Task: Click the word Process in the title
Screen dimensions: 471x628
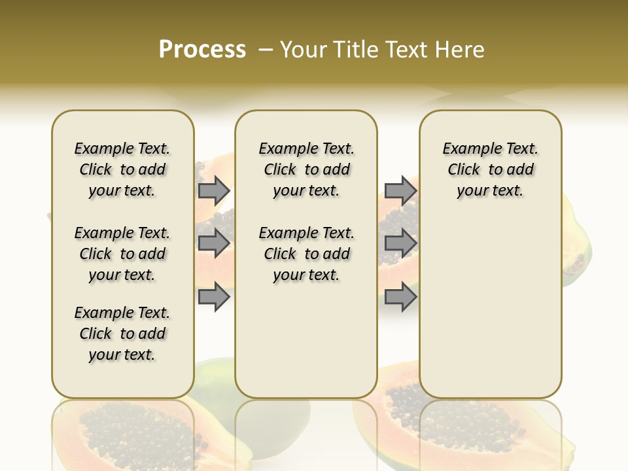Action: click(x=202, y=49)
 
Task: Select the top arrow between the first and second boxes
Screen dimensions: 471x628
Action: click(x=214, y=190)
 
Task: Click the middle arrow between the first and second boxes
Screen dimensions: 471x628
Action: click(x=214, y=243)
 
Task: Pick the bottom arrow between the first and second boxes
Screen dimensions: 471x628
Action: click(x=214, y=297)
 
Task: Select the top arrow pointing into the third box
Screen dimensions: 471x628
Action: click(x=400, y=190)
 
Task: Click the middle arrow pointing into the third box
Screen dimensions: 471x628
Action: click(x=400, y=243)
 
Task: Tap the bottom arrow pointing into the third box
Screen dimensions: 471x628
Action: click(x=400, y=297)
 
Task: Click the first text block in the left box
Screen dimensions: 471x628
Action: click(x=122, y=169)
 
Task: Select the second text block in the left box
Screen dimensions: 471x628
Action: click(x=122, y=254)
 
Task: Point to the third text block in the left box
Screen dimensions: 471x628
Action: click(x=122, y=334)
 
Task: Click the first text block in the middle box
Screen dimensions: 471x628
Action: click(x=307, y=169)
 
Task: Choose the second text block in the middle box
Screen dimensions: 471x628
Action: click(x=307, y=254)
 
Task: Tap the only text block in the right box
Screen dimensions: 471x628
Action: click(x=491, y=169)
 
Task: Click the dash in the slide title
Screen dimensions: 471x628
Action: click(x=266, y=49)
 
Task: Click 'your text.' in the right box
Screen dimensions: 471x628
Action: click(x=490, y=191)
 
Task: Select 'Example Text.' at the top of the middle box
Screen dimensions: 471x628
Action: click(x=307, y=148)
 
